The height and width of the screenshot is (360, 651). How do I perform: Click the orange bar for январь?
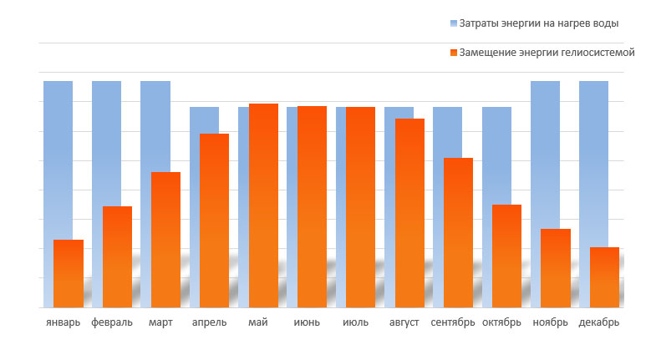click(x=69, y=273)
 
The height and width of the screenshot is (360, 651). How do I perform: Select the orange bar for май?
click(x=263, y=205)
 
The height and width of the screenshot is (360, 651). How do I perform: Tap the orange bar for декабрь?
click(x=604, y=277)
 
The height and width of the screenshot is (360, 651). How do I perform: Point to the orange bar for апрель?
click(x=215, y=221)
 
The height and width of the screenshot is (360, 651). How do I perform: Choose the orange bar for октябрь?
click(x=506, y=256)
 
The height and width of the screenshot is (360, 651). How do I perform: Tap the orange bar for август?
click(x=409, y=213)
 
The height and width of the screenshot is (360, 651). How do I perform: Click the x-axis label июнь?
click(x=307, y=322)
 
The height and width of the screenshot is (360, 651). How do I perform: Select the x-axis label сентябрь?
click(x=453, y=322)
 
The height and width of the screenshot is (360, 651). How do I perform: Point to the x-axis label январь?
click(x=64, y=322)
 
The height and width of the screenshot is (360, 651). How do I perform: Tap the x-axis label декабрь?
click(x=598, y=322)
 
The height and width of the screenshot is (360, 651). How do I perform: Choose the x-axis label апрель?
click(x=209, y=322)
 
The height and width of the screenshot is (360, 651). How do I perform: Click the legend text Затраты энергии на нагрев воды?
click(x=539, y=23)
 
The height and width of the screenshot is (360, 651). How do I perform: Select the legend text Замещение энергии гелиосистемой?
click(x=547, y=52)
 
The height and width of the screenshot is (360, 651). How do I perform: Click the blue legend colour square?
click(x=454, y=23)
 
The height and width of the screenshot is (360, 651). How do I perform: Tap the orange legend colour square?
click(x=454, y=52)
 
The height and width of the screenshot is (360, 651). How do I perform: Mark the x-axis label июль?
click(x=355, y=322)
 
